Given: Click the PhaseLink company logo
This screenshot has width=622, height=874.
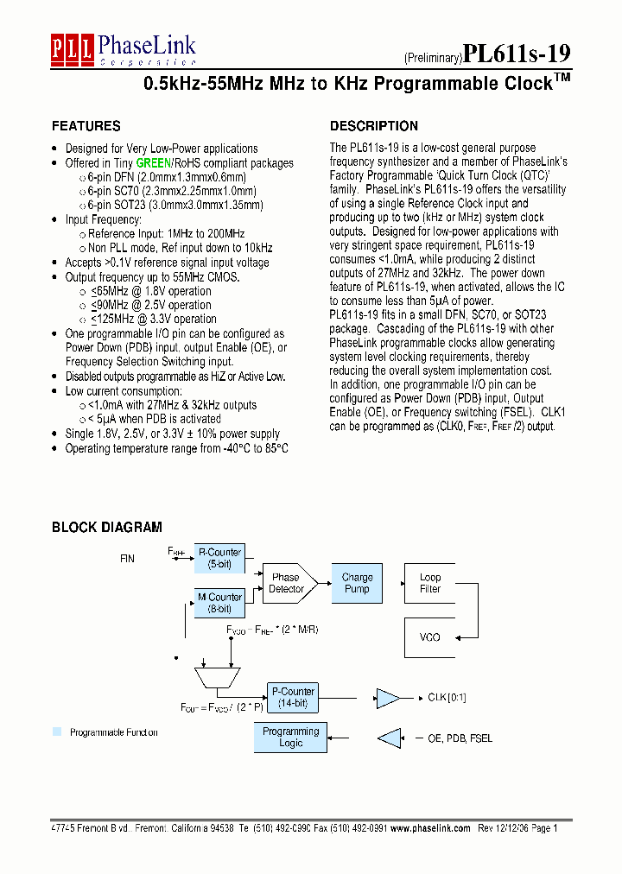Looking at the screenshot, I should point(123,49).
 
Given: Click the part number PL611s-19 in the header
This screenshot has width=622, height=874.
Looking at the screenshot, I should point(517,54).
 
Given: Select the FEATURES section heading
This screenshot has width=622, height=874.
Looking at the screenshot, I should point(86,126).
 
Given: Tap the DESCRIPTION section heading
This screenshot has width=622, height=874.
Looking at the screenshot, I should point(374,126).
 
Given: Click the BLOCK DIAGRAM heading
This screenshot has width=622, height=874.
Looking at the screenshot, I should point(106,527).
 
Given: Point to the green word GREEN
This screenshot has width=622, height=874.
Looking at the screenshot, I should point(154,163).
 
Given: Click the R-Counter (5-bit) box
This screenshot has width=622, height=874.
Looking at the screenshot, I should point(220,558).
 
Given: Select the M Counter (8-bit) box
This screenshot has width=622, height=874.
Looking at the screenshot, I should point(220,603).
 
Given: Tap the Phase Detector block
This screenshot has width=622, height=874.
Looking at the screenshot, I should point(287,583).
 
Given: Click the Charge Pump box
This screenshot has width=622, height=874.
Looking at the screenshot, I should point(357,583).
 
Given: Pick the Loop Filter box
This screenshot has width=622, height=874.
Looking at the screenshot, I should point(429,583).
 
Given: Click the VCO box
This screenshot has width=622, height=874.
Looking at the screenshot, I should point(429,637).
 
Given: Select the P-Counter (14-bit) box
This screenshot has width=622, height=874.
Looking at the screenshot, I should point(293,697).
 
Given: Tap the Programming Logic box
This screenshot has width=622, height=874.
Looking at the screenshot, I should point(291,737).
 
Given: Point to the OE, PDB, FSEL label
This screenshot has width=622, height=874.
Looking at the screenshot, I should point(460,738).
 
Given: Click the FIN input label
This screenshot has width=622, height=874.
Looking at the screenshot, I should point(127,559).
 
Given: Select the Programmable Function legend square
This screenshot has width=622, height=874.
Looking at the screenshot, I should point(57,731).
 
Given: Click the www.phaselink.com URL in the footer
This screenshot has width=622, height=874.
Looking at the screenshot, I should point(430,827).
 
